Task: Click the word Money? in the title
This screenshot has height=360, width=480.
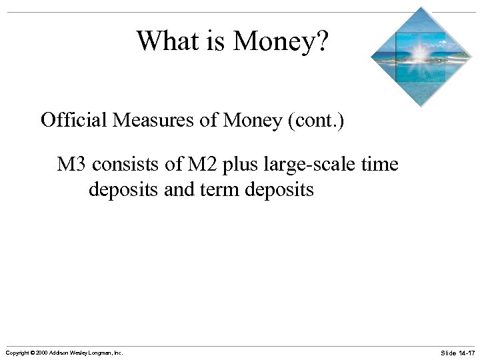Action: [x=281, y=41]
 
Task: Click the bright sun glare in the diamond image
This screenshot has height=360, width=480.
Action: [x=419, y=51]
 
